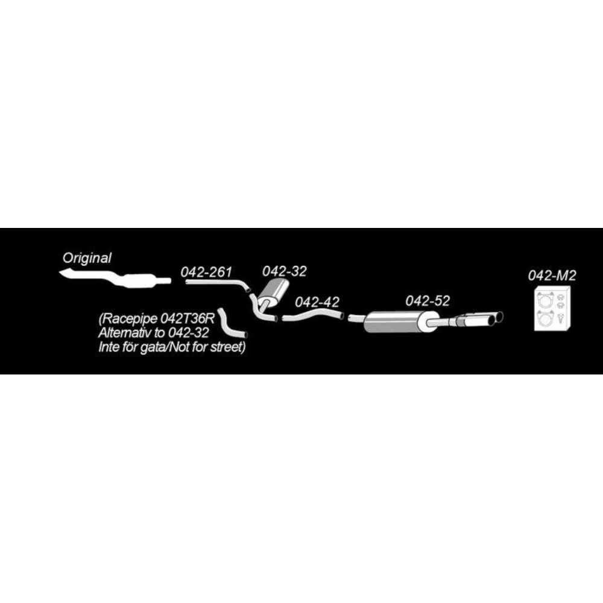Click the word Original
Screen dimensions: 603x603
(x=87, y=258)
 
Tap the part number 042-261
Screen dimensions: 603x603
(x=206, y=272)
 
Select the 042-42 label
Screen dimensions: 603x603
(x=317, y=302)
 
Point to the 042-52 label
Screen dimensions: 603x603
(x=428, y=300)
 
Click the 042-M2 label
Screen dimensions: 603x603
(x=552, y=276)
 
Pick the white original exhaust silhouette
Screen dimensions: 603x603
(x=115, y=279)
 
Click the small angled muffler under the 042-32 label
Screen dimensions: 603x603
(x=273, y=292)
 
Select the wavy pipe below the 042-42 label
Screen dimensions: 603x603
(x=313, y=315)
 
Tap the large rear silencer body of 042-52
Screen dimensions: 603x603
(x=396, y=322)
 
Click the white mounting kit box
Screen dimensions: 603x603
(x=552, y=309)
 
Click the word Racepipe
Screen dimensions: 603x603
(x=128, y=319)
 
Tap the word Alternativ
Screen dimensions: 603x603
(x=125, y=333)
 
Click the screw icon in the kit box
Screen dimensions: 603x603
(x=561, y=318)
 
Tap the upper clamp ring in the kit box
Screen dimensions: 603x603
(x=545, y=300)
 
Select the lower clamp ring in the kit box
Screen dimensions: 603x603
(x=545, y=318)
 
